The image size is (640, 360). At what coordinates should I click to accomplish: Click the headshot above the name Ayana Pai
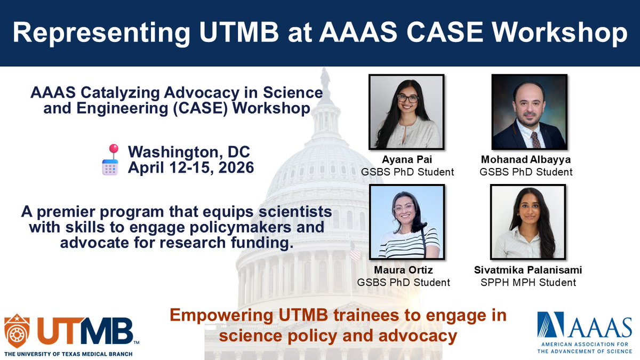point(406,112)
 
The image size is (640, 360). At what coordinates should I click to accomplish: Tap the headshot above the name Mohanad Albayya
point(529,112)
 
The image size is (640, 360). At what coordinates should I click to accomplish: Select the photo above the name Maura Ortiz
point(406,222)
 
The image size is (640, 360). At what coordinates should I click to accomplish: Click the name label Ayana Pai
point(406,159)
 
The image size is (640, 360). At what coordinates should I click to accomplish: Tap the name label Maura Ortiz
point(406,270)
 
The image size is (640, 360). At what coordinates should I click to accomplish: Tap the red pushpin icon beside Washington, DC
point(113,150)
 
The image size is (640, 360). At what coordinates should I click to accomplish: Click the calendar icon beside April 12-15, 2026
point(110,167)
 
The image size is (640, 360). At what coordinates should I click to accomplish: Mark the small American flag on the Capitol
point(355,251)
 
